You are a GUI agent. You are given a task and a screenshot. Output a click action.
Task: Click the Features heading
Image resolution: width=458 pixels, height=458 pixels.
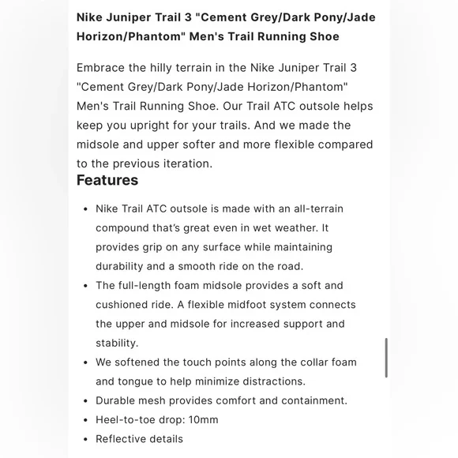[x=107, y=181]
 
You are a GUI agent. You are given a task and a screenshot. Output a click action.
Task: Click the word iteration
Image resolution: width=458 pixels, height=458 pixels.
[x=185, y=163]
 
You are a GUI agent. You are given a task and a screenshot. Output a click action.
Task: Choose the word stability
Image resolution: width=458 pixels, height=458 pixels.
[x=117, y=343]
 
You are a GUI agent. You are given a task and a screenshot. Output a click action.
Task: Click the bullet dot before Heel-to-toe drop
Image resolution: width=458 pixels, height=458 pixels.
[x=85, y=420]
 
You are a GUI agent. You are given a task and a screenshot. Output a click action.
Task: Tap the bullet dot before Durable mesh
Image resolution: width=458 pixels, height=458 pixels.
[x=85, y=401]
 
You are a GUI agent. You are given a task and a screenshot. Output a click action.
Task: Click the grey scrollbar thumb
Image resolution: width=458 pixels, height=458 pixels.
[x=385, y=357]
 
